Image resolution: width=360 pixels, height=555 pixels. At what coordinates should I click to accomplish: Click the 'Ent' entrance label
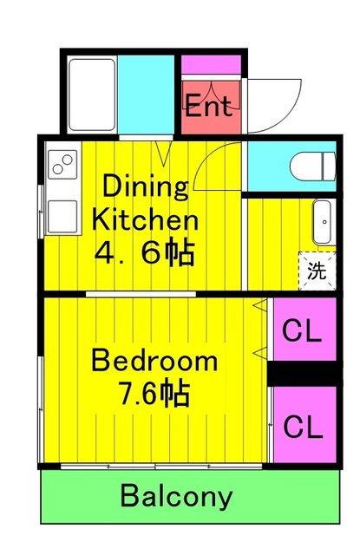(208, 107)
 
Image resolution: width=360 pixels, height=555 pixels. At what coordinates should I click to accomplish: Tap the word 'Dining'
(146, 186)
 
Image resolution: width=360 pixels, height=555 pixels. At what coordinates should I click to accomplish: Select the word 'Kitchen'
(146, 219)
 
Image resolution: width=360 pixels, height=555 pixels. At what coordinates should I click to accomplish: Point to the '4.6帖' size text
(146, 254)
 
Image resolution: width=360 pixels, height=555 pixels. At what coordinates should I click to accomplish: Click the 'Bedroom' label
(154, 360)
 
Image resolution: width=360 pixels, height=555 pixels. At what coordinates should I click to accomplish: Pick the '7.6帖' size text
(154, 395)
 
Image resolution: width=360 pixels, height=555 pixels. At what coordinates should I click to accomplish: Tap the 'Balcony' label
(176, 497)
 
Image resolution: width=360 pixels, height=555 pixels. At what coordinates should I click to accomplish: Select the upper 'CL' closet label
(304, 330)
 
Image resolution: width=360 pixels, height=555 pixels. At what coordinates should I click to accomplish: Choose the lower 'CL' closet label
(304, 426)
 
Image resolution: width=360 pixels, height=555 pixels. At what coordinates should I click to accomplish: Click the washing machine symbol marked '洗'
(317, 270)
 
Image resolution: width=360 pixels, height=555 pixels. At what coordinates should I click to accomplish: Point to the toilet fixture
(310, 164)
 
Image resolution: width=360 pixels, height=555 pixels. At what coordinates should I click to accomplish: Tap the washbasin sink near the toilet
(323, 222)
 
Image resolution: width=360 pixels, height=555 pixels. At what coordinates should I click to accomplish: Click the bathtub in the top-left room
(89, 95)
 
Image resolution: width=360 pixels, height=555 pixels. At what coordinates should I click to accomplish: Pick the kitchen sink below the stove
(62, 215)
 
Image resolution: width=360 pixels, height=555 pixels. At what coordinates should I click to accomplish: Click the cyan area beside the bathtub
(147, 95)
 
